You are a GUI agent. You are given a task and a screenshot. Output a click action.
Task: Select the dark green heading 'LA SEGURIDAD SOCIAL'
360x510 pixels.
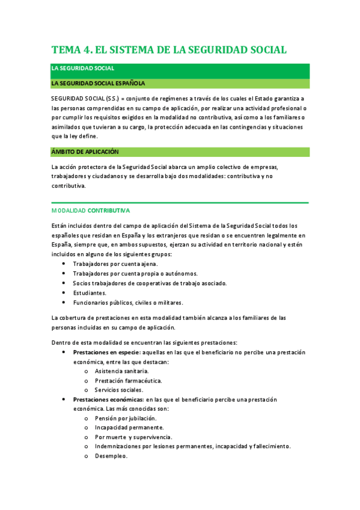click(x=83, y=69)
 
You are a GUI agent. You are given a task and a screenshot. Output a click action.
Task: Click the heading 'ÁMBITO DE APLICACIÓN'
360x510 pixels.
click(x=85, y=152)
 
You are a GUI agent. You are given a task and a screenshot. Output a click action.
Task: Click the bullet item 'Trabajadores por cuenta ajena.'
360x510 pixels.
click(x=115, y=264)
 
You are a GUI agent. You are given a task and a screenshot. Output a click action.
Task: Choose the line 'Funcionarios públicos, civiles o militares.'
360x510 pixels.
click(x=128, y=303)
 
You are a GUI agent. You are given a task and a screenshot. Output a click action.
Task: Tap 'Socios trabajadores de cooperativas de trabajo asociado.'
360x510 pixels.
click(x=150, y=283)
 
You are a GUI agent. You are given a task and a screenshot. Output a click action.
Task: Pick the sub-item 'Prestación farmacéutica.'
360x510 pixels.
click(x=128, y=381)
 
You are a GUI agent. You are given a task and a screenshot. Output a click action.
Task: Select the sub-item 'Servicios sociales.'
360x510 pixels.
click(x=119, y=390)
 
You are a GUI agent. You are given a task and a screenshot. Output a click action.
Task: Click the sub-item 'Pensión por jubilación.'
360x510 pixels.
click(x=126, y=418)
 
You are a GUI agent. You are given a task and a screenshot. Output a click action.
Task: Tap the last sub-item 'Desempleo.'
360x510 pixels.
click(x=111, y=456)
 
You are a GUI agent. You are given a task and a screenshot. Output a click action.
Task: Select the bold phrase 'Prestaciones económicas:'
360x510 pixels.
click(x=108, y=399)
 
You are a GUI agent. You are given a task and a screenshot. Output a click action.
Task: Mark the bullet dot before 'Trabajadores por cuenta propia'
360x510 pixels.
click(x=65, y=274)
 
